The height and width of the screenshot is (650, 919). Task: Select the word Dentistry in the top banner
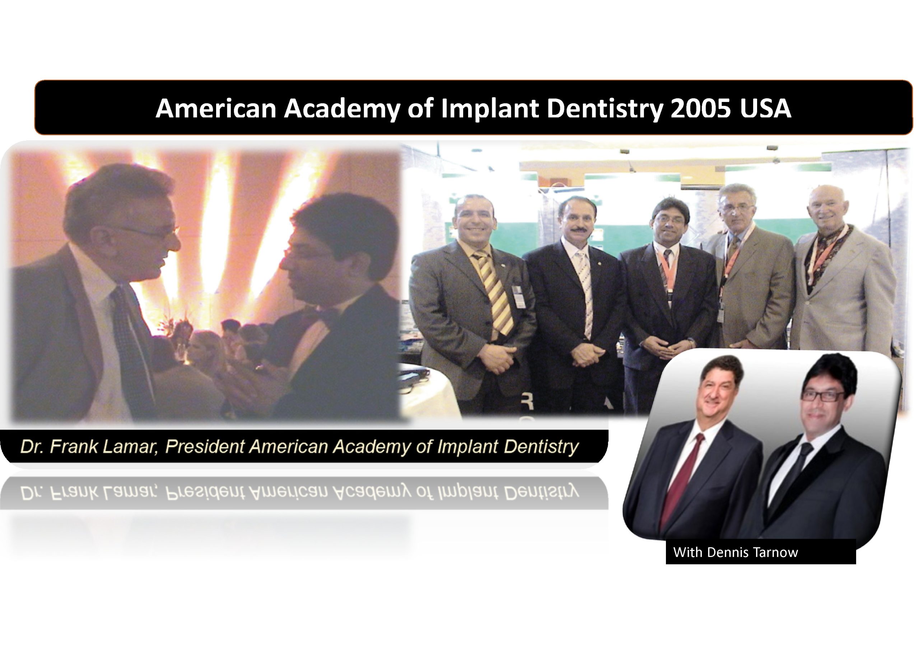click(x=605, y=109)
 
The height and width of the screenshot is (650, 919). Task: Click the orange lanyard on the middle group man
click(x=666, y=268)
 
